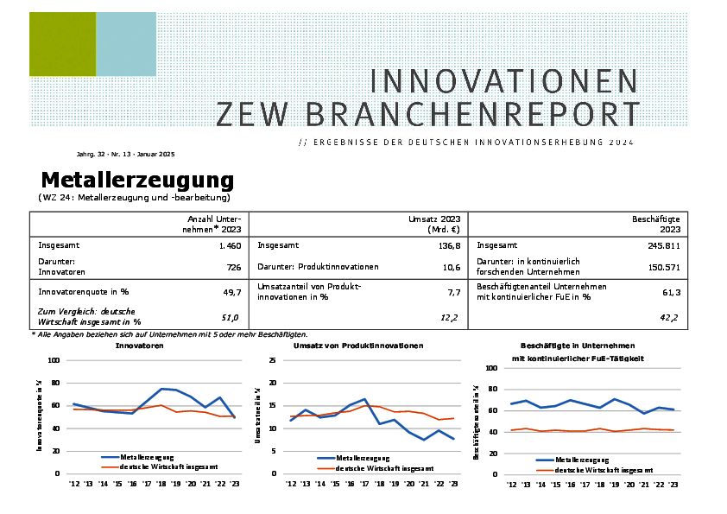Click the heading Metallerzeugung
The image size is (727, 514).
[137, 180]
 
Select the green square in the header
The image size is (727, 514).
[62, 44]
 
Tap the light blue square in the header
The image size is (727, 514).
[126, 44]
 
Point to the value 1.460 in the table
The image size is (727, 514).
[229, 245]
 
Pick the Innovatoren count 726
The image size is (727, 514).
[234, 268]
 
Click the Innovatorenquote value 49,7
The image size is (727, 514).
[230, 293]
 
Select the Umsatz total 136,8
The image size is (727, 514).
[445, 245]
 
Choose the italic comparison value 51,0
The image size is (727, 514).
[231, 318]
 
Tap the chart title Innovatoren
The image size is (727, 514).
[140, 346]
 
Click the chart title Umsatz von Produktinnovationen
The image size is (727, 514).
[358, 346]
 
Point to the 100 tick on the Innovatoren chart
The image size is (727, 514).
[54, 360]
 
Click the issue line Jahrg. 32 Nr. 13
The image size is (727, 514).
[125, 154]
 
